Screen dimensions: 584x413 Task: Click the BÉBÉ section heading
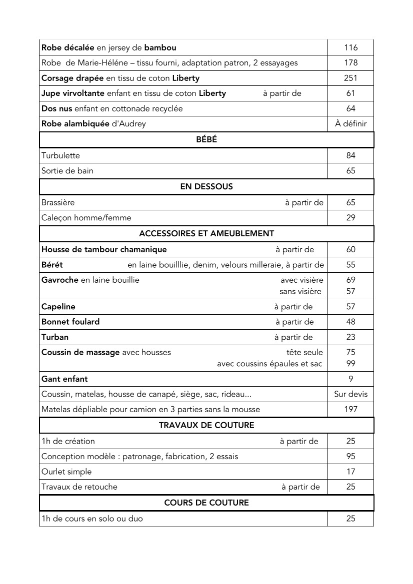[x=206, y=140]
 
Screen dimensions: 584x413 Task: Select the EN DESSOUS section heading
[x=206, y=187]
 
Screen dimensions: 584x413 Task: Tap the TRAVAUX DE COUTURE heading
[x=206, y=426]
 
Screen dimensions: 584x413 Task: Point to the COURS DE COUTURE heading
[x=206, y=503]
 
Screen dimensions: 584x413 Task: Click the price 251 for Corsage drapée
[x=351, y=78]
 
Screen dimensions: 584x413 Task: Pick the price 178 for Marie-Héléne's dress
[x=351, y=63]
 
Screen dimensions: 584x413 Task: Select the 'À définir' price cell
[x=351, y=124]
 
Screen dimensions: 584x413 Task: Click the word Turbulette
[x=60, y=156]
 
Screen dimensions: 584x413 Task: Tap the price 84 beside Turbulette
[x=351, y=156]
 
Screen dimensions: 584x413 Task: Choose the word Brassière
[x=58, y=203]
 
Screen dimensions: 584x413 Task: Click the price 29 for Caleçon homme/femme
[x=351, y=218]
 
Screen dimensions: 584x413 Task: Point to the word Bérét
[x=52, y=265]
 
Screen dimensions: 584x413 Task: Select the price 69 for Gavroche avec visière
[x=351, y=280]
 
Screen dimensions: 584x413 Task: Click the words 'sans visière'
[x=300, y=292]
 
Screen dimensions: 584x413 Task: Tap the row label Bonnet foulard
[x=70, y=322]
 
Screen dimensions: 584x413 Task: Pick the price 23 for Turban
[x=351, y=337]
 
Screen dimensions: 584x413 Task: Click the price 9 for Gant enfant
[x=351, y=379]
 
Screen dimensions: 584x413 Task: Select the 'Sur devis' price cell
[x=351, y=394]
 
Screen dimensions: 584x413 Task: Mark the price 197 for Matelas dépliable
[x=351, y=410]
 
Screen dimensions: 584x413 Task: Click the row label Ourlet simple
[x=66, y=472]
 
